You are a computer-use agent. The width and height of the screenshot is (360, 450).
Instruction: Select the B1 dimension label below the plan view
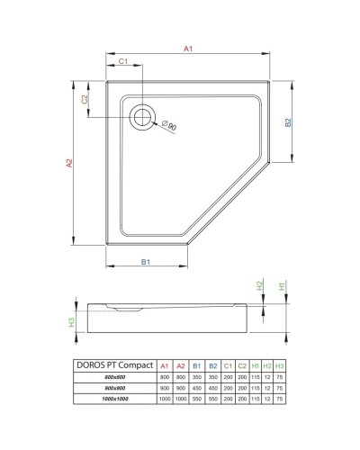pos(146,261)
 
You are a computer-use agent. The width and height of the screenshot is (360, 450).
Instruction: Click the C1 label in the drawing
pos(125,61)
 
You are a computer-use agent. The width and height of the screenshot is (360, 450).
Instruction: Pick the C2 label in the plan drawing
pos(85,100)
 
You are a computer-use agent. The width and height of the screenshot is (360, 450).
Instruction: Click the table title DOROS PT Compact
pos(112,364)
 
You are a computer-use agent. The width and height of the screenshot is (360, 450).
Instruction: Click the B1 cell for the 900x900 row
pos(196,387)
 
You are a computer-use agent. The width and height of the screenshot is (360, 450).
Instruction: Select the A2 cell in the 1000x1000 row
pos(180,398)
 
